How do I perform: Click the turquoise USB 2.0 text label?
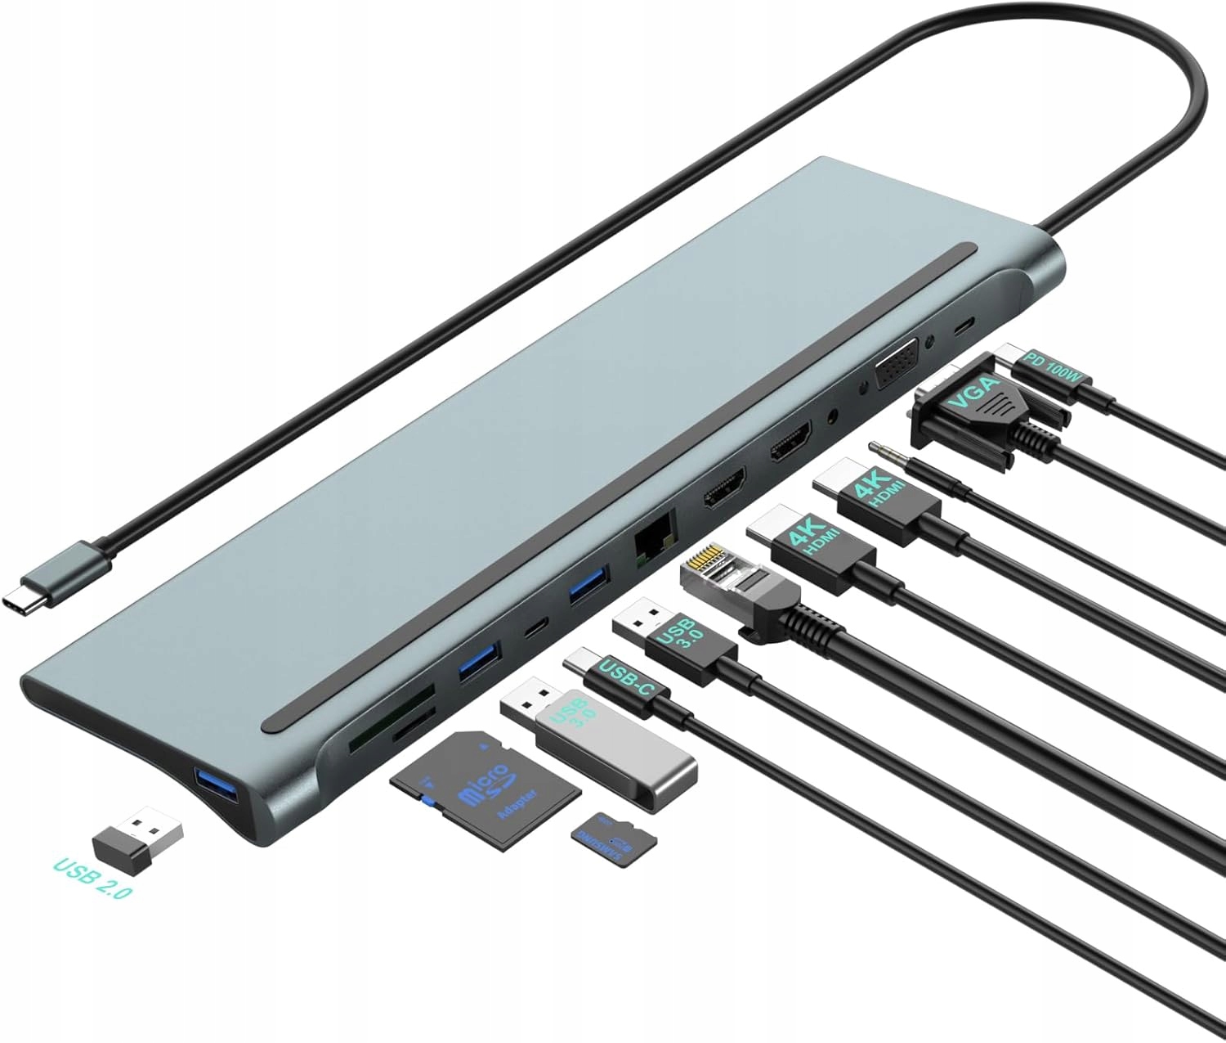point(92,878)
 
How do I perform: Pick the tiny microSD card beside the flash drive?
point(614,838)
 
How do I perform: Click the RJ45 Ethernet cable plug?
point(736,585)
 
